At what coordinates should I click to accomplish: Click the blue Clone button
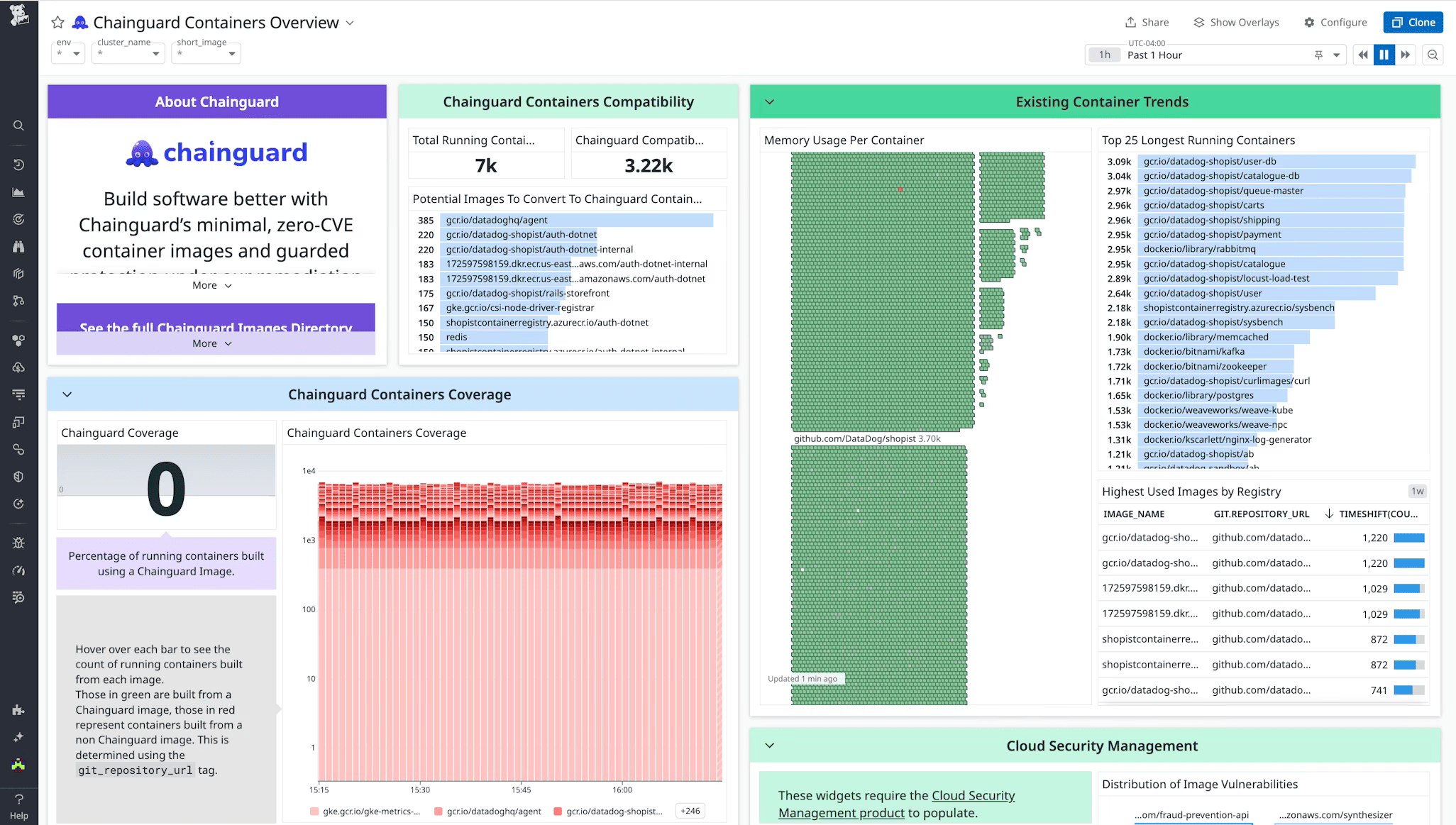click(1413, 22)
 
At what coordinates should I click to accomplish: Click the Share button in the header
click(1147, 22)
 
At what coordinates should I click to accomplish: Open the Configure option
click(1335, 22)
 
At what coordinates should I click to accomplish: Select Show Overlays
click(1236, 22)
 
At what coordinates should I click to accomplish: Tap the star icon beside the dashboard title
click(58, 23)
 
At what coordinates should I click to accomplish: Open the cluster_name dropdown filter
click(128, 53)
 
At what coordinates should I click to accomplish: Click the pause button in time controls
click(1384, 55)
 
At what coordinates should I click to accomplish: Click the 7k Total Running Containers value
click(485, 165)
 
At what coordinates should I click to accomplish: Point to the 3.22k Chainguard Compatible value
click(648, 165)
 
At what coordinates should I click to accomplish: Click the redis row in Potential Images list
click(457, 337)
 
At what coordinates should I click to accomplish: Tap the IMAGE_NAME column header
click(1133, 514)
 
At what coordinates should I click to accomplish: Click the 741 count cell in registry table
click(1378, 690)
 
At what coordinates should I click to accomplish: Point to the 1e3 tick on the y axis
click(309, 541)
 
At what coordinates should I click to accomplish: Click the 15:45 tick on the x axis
click(521, 790)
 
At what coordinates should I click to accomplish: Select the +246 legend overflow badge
click(690, 811)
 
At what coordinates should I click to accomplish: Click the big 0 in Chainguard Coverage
click(166, 489)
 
